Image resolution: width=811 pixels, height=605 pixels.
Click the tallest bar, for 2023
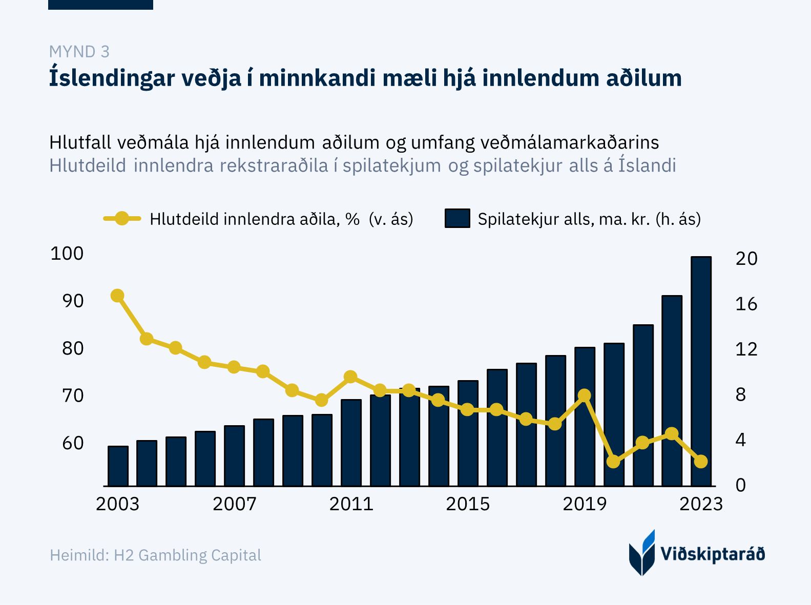tap(701, 371)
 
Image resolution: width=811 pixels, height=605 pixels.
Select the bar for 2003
tap(118, 466)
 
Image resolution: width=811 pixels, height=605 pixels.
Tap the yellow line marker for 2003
tap(117, 296)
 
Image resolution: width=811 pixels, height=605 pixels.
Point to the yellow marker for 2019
tap(584, 395)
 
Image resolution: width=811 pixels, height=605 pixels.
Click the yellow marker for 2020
tap(613, 462)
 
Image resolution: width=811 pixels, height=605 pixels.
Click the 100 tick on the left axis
tap(67, 253)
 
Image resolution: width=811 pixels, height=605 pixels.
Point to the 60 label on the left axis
tap(72, 443)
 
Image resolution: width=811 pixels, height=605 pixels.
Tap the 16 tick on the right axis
tap(746, 304)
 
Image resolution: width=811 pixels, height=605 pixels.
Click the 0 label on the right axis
tap(741, 485)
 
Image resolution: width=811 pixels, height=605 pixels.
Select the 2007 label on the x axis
tap(234, 504)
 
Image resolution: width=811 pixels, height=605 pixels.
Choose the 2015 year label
tap(467, 504)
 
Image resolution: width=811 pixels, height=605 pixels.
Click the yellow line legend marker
tap(122, 219)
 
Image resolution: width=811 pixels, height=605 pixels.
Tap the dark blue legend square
tap(457, 219)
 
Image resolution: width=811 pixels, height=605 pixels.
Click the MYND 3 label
tap(79, 52)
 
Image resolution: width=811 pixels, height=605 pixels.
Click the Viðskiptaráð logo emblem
tap(642, 553)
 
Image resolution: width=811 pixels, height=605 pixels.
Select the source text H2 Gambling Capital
tap(188, 555)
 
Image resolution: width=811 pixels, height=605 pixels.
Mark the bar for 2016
tap(497, 427)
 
